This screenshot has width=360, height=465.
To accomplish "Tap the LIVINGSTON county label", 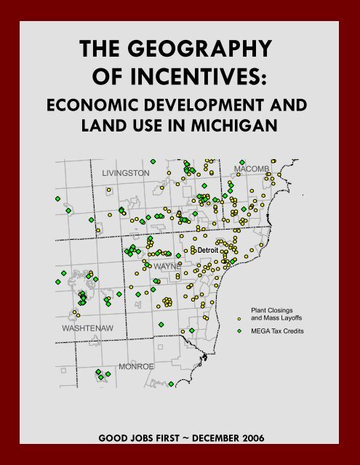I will (x=126, y=173).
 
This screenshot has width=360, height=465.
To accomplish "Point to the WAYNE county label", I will (x=167, y=267).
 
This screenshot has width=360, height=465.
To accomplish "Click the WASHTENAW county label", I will (x=86, y=329).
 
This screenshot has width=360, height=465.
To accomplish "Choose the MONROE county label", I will (x=137, y=365).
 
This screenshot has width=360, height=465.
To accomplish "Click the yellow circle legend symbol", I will (x=240, y=319).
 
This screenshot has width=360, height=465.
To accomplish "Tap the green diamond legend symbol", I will (x=240, y=331).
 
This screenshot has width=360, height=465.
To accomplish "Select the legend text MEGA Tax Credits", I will (x=277, y=331).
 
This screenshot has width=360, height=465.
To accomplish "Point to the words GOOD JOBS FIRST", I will (x=139, y=439).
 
